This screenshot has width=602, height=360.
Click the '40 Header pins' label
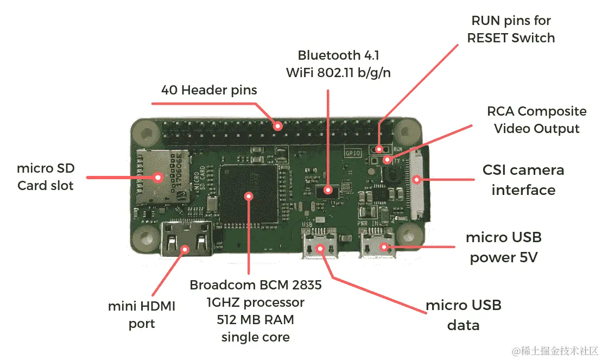pyautogui.click(x=209, y=90)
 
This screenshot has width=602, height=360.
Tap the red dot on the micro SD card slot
pyautogui.click(x=159, y=177)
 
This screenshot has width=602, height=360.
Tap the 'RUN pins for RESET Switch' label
pyautogui.click(x=511, y=29)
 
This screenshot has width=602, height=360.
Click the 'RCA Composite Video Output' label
pyautogui.click(x=536, y=120)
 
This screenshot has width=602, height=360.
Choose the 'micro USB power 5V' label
pyautogui.click(x=503, y=247)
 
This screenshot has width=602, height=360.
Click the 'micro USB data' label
pyautogui.click(x=463, y=315)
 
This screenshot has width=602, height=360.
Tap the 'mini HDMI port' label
pyautogui.click(x=142, y=315)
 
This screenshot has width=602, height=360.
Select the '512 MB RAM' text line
pyautogui.click(x=255, y=320)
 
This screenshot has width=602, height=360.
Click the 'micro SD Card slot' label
pyautogui.click(x=46, y=177)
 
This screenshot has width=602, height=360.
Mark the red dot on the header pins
pyautogui.click(x=278, y=126)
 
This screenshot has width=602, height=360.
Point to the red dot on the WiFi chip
pyautogui.click(x=328, y=190)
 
